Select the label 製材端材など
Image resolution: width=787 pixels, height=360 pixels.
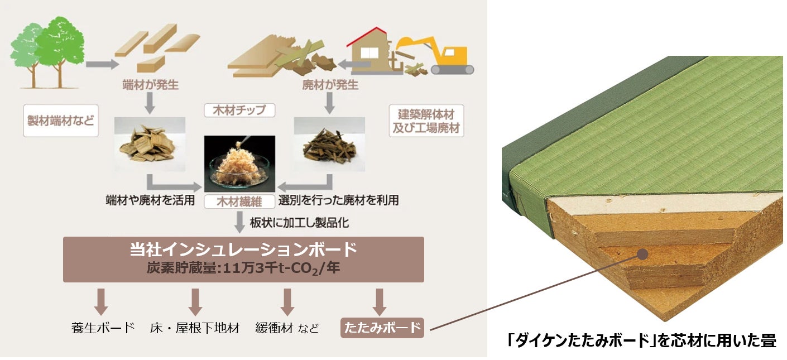61,121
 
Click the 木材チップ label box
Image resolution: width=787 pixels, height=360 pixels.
240,110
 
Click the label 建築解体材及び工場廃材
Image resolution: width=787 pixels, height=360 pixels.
426,121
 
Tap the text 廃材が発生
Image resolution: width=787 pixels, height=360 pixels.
329,85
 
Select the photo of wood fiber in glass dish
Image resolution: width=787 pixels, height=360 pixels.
240,165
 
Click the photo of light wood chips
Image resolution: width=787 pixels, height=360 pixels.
150,143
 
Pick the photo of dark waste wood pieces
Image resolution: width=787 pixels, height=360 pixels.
329,143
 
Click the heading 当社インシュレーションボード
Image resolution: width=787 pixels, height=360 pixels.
243,249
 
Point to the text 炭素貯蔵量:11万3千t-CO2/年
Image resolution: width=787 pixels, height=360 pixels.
243,269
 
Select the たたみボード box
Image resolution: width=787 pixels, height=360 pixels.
382,328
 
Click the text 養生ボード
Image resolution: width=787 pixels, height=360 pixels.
103,328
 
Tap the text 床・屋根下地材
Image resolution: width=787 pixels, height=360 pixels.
195,328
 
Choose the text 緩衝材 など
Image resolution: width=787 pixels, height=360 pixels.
287,328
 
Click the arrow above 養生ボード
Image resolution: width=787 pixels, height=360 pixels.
101,301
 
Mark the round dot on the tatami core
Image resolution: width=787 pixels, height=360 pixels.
642,255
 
